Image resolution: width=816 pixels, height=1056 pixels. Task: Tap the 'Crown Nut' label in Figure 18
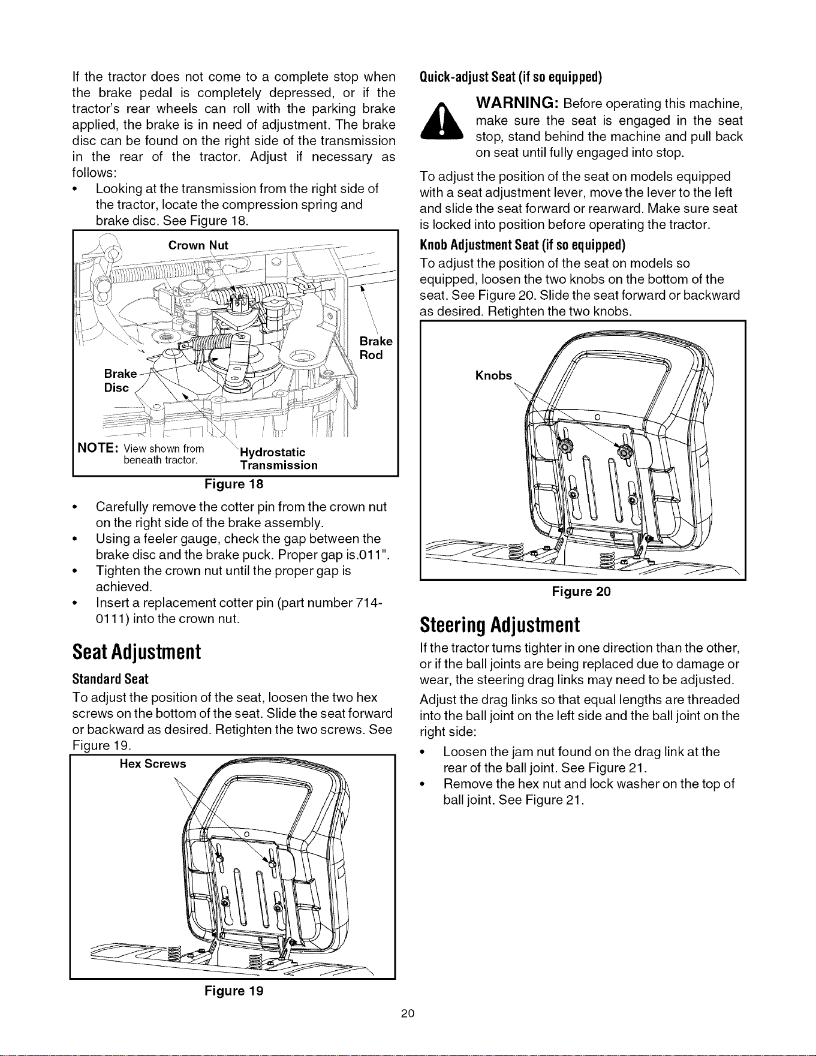(198, 245)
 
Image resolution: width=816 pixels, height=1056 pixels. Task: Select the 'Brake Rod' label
(376, 348)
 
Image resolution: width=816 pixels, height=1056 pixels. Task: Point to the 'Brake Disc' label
(121, 381)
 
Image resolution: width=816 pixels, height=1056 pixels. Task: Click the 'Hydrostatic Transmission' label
(279, 459)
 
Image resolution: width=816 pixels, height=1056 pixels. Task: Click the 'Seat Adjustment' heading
(136, 652)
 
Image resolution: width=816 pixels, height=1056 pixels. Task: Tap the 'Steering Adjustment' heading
(500, 625)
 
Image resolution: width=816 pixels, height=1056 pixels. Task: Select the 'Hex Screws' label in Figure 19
(153, 764)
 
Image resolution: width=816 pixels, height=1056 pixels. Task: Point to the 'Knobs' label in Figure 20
(493, 376)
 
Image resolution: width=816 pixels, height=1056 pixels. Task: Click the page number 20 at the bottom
(408, 1014)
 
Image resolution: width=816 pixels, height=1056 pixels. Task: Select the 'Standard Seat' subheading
(110, 679)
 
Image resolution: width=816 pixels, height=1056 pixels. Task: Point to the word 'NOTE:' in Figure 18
(97, 449)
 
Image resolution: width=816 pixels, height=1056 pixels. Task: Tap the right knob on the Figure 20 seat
(627, 454)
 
